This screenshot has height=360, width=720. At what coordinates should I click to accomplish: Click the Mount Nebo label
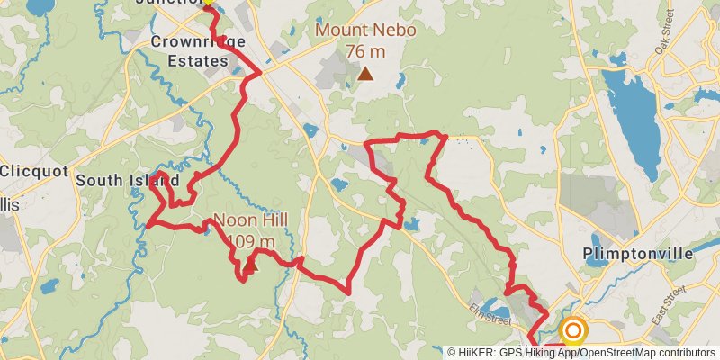click(365, 30)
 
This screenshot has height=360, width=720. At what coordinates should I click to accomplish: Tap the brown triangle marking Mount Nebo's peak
click(365, 74)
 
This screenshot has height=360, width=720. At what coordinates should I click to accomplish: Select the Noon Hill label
click(245, 221)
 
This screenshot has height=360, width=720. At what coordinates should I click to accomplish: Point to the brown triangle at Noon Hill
click(250, 265)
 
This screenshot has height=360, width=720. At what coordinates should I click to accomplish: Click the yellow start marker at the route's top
click(208, 2)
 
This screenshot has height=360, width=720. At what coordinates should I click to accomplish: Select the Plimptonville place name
click(638, 254)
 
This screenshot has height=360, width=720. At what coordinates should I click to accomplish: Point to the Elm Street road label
click(490, 316)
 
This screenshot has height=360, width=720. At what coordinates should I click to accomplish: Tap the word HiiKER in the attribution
click(482, 353)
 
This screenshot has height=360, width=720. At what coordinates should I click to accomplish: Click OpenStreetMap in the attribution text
click(621, 353)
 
